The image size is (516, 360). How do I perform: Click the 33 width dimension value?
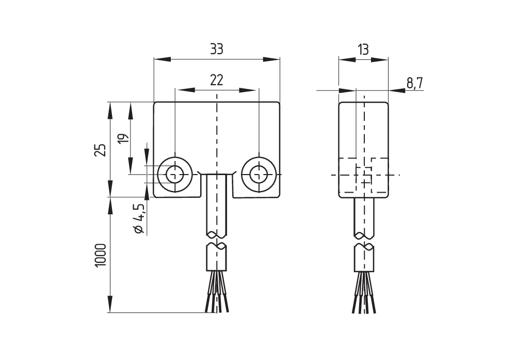pyautogui.click(x=217, y=49)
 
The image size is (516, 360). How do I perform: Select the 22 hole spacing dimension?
pyautogui.click(x=216, y=80)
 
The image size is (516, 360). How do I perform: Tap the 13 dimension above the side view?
pyautogui.click(x=363, y=50)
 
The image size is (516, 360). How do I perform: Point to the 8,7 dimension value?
pyautogui.click(x=415, y=83)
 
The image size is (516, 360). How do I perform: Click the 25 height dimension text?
pyautogui.click(x=101, y=150)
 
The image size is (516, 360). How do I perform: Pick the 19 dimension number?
pyautogui.click(x=122, y=138)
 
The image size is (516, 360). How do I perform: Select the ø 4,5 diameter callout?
pyautogui.click(x=139, y=218)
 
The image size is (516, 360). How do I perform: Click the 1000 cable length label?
pyautogui.click(x=101, y=256)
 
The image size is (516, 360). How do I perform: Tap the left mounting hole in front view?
pyautogui.click(x=175, y=174)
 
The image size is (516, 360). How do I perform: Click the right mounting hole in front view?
pyautogui.click(x=259, y=174)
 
